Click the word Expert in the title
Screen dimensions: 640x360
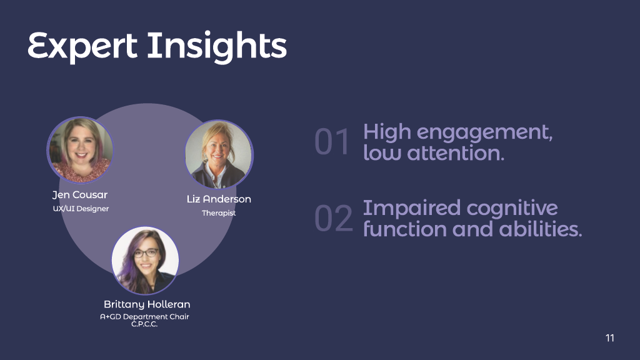click(82, 47)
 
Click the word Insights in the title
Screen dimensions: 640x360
click(217, 47)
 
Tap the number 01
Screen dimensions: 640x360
click(332, 142)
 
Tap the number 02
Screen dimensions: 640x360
click(334, 218)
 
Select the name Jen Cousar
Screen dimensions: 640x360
click(80, 195)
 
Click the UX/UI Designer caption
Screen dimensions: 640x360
click(81, 209)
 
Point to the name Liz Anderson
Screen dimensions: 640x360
click(219, 199)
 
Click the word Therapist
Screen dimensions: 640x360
click(219, 213)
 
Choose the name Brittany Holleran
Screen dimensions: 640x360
click(147, 304)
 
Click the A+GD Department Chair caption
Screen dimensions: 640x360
click(144, 316)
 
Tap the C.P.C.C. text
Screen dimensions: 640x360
click(144, 324)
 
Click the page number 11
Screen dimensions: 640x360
click(610, 338)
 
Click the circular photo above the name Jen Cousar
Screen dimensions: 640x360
click(80, 150)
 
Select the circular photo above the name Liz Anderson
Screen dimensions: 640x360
click(219, 154)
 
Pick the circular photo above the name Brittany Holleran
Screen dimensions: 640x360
click(145, 261)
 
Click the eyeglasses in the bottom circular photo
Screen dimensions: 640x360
click(146, 253)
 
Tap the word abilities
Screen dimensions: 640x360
click(541, 229)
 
